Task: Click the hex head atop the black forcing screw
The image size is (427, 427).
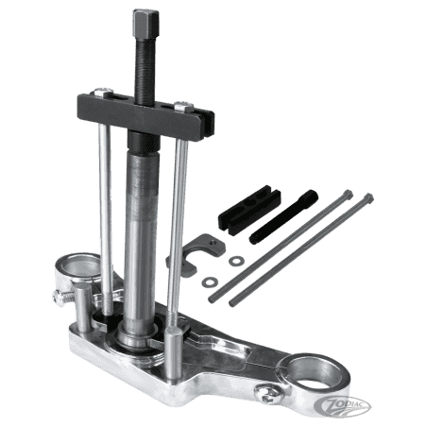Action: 145,24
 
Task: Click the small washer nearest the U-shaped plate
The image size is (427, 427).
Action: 236,261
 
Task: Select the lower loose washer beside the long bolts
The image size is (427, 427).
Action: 210,282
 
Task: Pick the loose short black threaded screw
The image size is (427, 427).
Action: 283,216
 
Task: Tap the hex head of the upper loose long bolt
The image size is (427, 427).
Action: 348,195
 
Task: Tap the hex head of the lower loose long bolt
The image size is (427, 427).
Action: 367,198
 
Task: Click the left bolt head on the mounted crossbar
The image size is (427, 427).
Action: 104,92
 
